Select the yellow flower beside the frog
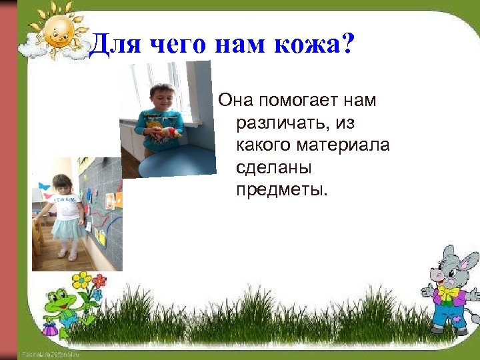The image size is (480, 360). click(81, 281)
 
